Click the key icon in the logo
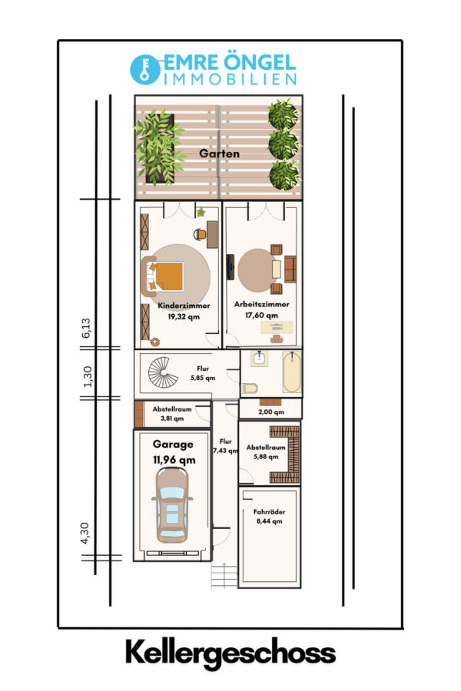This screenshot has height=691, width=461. pyautogui.click(x=144, y=70)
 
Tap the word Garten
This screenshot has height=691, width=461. pyautogui.click(x=219, y=154)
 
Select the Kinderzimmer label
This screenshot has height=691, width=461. pyautogui.click(x=184, y=306)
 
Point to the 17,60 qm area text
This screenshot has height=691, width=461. pyautogui.click(x=261, y=315)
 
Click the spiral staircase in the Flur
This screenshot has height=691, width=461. pyautogui.click(x=163, y=372)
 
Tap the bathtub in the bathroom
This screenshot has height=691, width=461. pyautogui.click(x=292, y=372)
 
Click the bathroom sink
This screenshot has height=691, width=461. pyautogui.click(x=258, y=358)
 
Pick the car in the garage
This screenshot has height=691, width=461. pyautogui.click(x=172, y=504)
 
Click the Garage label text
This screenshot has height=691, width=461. pyautogui.click(x=173, y=445)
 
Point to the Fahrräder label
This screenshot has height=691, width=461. pyautogui.click(x=269, y=511)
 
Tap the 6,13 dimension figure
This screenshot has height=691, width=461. pyautogui.click(x=86, y=328)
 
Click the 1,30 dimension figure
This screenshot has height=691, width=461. pyautogui.click(x=88, y=377)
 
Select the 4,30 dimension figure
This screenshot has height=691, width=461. pyautogui.click(x=85, y=533)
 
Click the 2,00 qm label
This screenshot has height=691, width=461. pyautogui.click(x=271, y=412)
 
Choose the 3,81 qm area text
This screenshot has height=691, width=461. pyautogui.click(x=172, y=418)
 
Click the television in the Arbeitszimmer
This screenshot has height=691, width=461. pyautogui.click(x=230, y=267)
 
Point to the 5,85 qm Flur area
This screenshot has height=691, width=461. pyautogui.click(x=203, y=378)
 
